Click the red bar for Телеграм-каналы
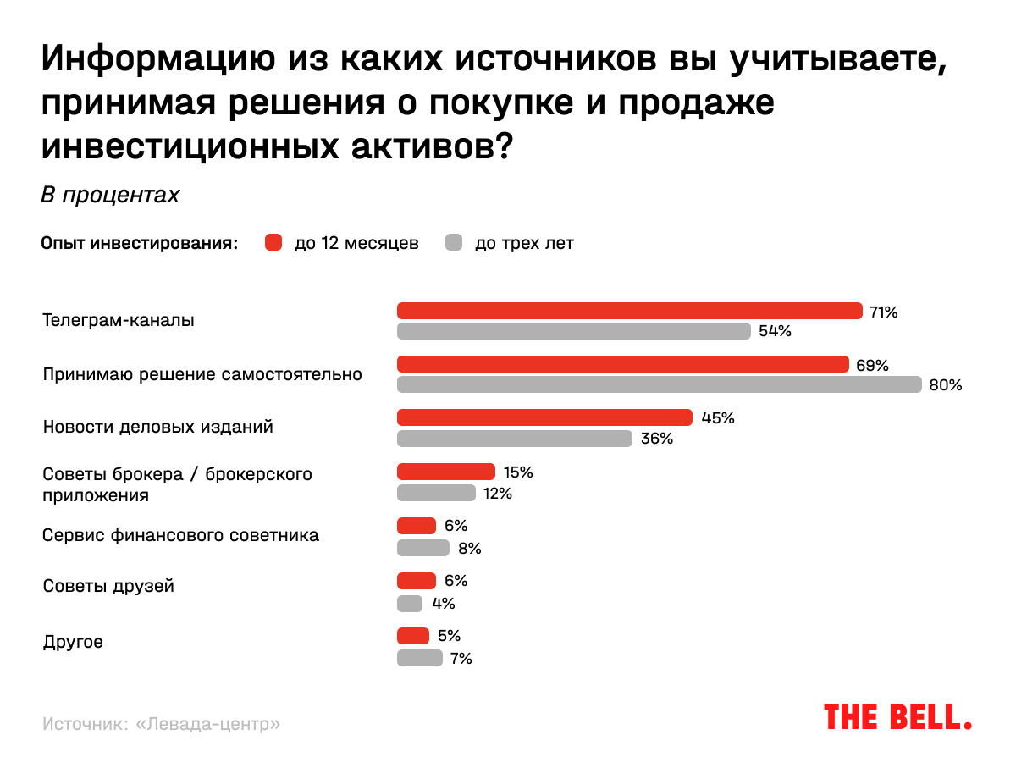click(x=630, y=311)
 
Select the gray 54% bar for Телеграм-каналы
click(x=574, y=331)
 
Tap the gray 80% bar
click(x=660, y=384)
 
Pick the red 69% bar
click(x=623, y=364)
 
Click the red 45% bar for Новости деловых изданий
click(x=544, y=417)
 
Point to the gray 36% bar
click(x=515, y=438)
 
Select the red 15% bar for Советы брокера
click(x=446, y=472)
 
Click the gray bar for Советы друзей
click(x=410, y=604)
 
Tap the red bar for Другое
click(x=413, y=636)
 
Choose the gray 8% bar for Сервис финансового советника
click(x=423, y=548)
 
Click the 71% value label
click(x=883, y=312)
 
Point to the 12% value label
click(x=498, y=493)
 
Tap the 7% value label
click(x=461, y=658)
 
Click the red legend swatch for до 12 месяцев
click(x=273, y=243)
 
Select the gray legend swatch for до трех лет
click(x=454, y=243)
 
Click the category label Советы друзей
click(x=108, y=586)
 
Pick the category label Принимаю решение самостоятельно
click(x=202, y=374)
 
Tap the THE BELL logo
click(x=897, y=716)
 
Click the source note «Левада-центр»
click(x=161, y=725)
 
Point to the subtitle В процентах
click(x=110, y=195)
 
